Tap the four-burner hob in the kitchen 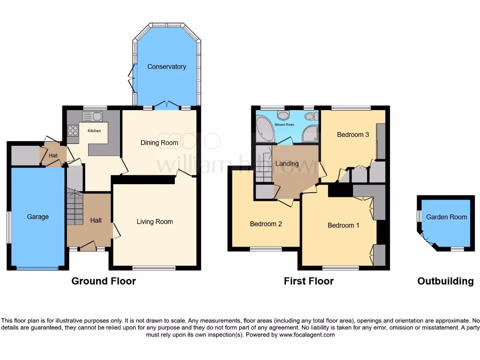click(x=73, y=130)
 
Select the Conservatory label click(x=166, y=67)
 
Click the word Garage click(x=37, y=217)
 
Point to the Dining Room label click(x=159, y=142)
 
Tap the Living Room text click(x=155, y=222)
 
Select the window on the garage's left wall click(x=9, y=227)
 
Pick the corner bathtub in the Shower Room click(x=265, y=128)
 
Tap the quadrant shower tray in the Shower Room click(x=310, y=134)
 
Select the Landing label click(x=287, y=164)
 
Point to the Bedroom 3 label click(x=353, y=135)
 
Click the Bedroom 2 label click(x=266, y=224)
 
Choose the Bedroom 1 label click(x=344, y=225)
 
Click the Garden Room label click(x=446, y=217)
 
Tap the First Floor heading click(x=308, y=281)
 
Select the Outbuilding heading click(x=445, y=281)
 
